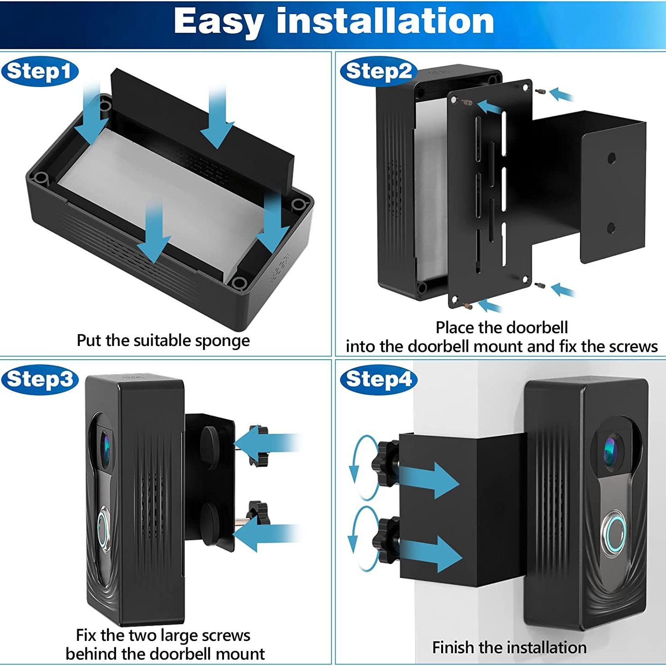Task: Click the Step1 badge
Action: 40,71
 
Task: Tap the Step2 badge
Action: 378,71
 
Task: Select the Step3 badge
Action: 40,379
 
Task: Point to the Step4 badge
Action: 378,379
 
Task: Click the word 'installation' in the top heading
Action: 385,21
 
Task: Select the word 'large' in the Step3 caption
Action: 176,635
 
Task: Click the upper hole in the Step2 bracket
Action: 612,158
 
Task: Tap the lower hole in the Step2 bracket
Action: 611,228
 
